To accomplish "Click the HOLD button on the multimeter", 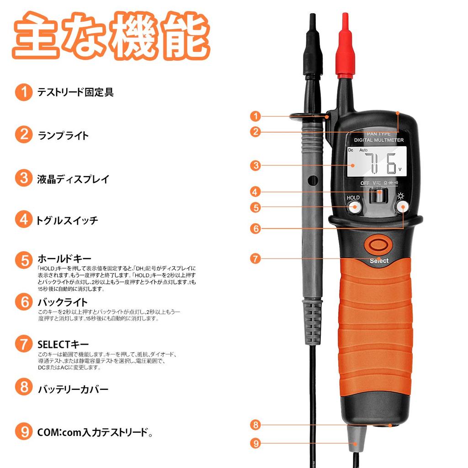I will pos(354,207).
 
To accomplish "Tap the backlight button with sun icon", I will pos(402,207).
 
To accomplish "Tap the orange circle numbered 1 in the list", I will pos(23,92).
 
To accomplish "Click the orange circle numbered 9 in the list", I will pos(23,431).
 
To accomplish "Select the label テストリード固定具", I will pos(75,92).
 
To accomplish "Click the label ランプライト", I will pos(63,135).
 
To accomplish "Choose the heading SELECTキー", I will pos(63,344).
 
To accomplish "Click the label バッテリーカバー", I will pos(73,389).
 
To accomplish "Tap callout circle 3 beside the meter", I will pos(255,165).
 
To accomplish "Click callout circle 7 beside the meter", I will pos(255,258).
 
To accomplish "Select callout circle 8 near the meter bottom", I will pos(255,425).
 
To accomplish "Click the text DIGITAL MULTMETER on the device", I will pos(379,140).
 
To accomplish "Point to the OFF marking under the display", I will pos(365,183).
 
